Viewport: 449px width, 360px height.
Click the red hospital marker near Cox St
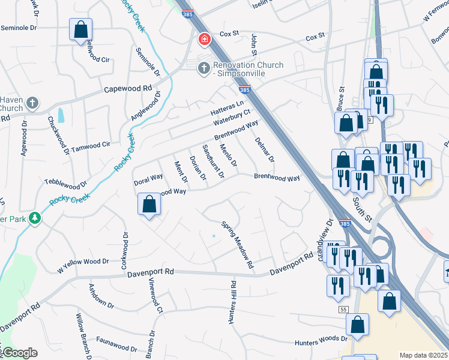click(x=205, y=40)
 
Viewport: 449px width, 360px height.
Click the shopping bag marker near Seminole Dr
click(x=80, y=30)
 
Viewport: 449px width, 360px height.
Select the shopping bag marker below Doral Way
click(x=149, y=205)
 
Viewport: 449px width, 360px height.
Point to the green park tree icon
click(x=35, y=218)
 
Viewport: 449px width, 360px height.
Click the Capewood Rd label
click(x=128, y=88)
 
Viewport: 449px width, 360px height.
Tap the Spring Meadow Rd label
click(x=238, y=245)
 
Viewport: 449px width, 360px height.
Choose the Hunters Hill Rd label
click(x=231, y=302)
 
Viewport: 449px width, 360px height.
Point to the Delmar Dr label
click(x=264, y=150)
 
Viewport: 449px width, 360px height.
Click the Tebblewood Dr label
click(x=66, y=181)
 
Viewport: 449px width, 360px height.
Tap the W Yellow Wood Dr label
click(x=83, y=262)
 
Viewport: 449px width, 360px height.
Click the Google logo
click(x=19, y=353)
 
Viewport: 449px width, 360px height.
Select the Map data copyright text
click(x=423, y=355)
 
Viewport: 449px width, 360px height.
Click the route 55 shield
click(x=343, y=309)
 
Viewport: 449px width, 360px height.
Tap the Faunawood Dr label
click(x=116, y=347)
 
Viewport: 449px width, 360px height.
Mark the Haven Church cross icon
click(x=32, y=104)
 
